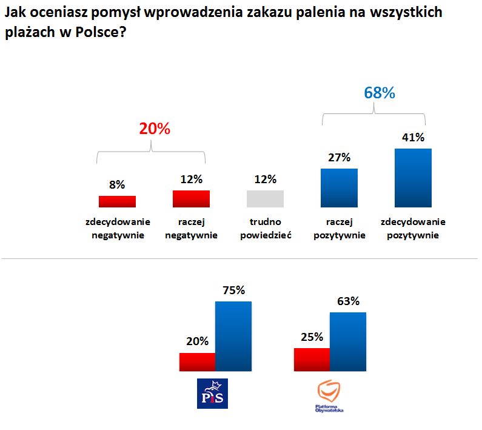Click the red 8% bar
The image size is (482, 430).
[x=117, y=201]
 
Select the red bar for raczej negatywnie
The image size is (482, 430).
[x=191, y=199]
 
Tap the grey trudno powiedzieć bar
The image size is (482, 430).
[x=265, y=199]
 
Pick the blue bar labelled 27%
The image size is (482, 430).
[x=339, y=188]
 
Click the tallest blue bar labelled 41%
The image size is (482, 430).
[x=413, y=178]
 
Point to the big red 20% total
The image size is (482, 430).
[x=155, y=129]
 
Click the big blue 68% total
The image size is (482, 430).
[x=380, y=93]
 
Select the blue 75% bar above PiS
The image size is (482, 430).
[x=233, y=335]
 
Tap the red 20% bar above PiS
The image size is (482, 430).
[x=198, y=361]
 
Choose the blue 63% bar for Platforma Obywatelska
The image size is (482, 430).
[x=347, y=341]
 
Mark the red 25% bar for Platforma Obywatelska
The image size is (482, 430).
[x=312, y=359]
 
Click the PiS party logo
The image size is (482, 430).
[x=213, y=393]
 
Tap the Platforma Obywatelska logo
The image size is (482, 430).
[x=330, y=395]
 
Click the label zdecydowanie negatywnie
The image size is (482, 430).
[x=118, y=229]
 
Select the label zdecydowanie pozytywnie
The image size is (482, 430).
[x=413, y=229]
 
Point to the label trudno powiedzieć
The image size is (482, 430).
[x=266, y=229]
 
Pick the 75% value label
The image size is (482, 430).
[x=233, y=290]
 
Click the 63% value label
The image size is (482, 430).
[x=347, y=301]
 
